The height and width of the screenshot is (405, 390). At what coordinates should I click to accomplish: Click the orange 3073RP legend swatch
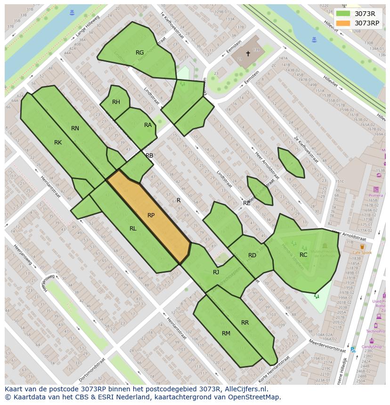(x=343, y=23)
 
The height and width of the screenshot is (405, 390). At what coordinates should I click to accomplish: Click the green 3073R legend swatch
(x=343, y=14)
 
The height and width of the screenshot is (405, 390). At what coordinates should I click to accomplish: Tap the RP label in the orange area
(x=151, y=215)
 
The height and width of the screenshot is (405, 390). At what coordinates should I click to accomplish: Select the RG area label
(x=139, y=53)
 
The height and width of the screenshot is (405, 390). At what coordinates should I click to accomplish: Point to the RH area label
(x=116, y=102)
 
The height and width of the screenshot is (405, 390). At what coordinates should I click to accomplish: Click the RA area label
(x=148, y=125)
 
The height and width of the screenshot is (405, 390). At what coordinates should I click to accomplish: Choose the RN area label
(x=75, y=128)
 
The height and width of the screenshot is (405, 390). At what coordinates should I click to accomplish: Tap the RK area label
(x=58, y=143)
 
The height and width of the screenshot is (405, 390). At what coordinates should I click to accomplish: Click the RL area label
(x=133, y=229)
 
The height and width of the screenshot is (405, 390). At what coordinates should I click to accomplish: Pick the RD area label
(x=252, y=255)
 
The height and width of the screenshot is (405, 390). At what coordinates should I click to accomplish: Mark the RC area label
(x=303, y=255)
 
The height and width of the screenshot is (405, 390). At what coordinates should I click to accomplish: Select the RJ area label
(x=216, y=272)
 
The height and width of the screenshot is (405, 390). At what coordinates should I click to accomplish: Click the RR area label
(x=245, y=323)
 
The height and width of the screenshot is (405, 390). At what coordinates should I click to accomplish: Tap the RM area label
(x=226, y=334)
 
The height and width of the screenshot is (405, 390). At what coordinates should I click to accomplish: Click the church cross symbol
(x=248, y=54)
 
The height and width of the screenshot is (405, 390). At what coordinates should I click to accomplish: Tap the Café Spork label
(x=362, y=253)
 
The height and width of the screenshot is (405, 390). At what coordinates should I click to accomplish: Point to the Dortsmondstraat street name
(x=92, y=369)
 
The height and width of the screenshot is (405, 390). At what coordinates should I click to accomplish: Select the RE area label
(x=247, y=203)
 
